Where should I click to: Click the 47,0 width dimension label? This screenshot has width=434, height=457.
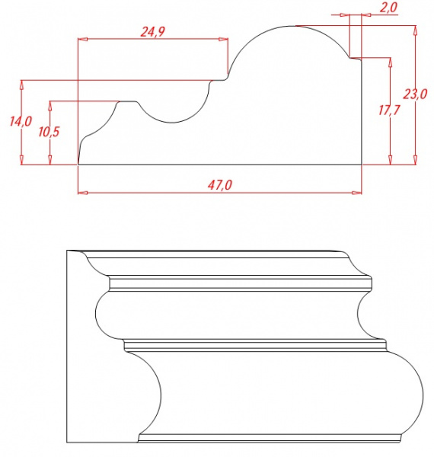[220, 185]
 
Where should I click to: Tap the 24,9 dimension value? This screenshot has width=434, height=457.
[152, 32]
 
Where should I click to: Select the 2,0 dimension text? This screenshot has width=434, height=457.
[388, 7]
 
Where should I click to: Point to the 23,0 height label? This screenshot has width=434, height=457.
[415, 94]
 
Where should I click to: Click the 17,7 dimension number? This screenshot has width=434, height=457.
[389, 110]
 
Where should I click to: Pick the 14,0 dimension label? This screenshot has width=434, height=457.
[21, 121]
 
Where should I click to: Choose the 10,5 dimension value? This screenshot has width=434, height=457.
[49, 132]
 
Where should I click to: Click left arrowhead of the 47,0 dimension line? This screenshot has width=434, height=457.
[83, 193]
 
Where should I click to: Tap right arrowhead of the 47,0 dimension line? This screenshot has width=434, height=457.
[357, 193]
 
